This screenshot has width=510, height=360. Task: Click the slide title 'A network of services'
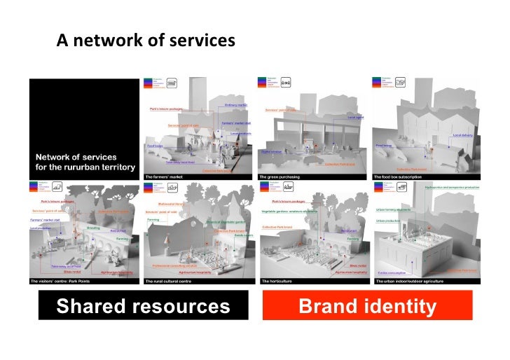(x=146, y=41)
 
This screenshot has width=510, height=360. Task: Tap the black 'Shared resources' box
(x=143, y=306)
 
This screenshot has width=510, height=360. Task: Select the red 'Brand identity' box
(x=367, y=306)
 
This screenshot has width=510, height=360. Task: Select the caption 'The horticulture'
(x=275, y=281)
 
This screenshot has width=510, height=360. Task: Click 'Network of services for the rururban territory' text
(x=76, y=162)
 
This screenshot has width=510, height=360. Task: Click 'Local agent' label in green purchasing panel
(x=355, y=118)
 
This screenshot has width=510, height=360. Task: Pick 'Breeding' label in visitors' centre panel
(x=93, y=228)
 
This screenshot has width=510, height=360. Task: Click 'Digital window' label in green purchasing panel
(x=271, y=151)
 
